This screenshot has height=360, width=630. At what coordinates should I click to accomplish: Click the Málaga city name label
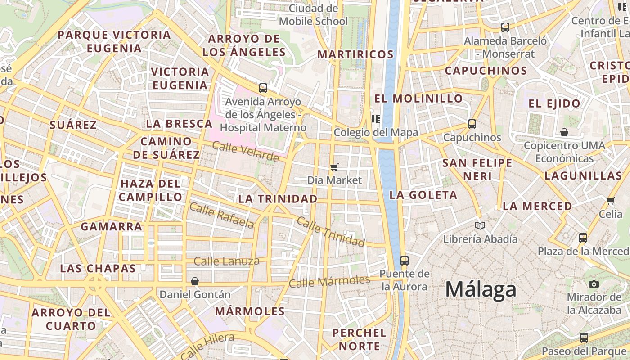click(481, 289)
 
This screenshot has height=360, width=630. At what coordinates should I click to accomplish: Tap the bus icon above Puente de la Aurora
click(404, 260)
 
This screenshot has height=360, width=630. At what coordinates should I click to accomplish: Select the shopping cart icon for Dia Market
click(334, 167)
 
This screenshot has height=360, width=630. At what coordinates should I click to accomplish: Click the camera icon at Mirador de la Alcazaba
click(594, 284)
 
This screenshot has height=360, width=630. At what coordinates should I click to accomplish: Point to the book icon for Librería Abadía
click(480, 225)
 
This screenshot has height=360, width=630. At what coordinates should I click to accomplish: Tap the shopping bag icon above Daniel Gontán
click(195, 281)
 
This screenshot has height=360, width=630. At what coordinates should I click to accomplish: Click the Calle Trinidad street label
click(331, 232)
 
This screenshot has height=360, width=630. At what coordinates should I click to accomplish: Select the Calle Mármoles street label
click(329, 282)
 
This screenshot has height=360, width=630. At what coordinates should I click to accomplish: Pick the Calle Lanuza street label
click(226, 261)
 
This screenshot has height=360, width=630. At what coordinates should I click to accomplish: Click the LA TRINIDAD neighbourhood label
click(278, 199)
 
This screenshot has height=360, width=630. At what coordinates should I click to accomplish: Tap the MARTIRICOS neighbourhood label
click(355, 55)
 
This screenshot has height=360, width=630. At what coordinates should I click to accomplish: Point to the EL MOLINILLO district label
click(418, 99)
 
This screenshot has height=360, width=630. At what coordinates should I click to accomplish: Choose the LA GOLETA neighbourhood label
click(423, 195)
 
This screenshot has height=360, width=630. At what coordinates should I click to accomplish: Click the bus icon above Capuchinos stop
click(472, 124)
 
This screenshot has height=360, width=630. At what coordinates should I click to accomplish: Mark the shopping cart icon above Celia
click(610, 201)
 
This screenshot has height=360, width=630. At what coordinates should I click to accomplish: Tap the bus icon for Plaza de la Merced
click(583, 238)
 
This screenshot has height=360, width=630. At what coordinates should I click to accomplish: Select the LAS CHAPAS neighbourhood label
click(98, 269)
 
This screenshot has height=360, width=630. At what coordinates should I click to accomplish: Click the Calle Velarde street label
click(245, 152)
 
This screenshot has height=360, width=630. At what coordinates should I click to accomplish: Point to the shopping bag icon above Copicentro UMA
click(564, 132)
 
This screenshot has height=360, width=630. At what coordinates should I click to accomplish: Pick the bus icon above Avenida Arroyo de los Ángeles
click(263, 88)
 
